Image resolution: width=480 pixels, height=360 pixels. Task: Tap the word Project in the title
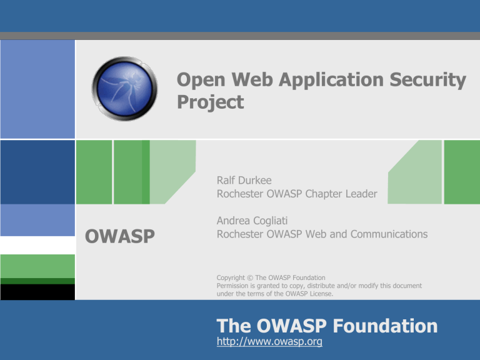click(x=210, y=102)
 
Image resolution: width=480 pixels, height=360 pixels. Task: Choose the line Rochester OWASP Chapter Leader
click(x=296, y=194)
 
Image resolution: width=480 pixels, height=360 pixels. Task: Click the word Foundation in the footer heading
click(x=384, y=326)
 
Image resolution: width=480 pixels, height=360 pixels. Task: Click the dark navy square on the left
click(x=37, y=172)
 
